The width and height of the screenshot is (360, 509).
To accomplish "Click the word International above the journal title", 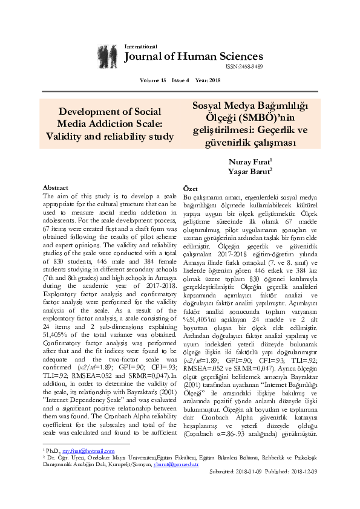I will [x=140, y=47].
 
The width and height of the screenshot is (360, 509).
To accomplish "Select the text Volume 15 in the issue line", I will [x=152, y=80].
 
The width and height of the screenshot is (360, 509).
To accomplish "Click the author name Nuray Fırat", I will [x=250, y=162].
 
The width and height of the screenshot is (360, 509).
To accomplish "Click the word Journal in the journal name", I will [x=144, y=57].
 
